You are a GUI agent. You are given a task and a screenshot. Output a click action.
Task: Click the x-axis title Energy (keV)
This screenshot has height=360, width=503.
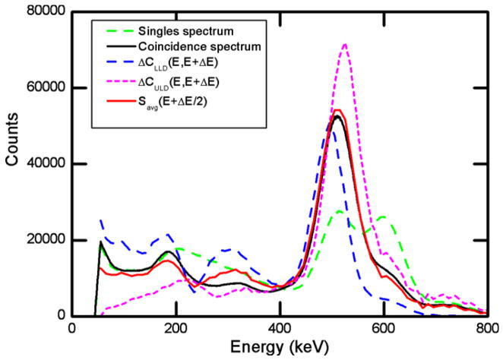pyautogui.click(x=279, y=349)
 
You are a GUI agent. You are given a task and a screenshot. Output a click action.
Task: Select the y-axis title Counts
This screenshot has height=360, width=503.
pyautogui.click(x=11, y=164)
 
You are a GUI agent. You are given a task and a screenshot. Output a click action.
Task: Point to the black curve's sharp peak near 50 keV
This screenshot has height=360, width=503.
pyautogui.click(x=101, y=242)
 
